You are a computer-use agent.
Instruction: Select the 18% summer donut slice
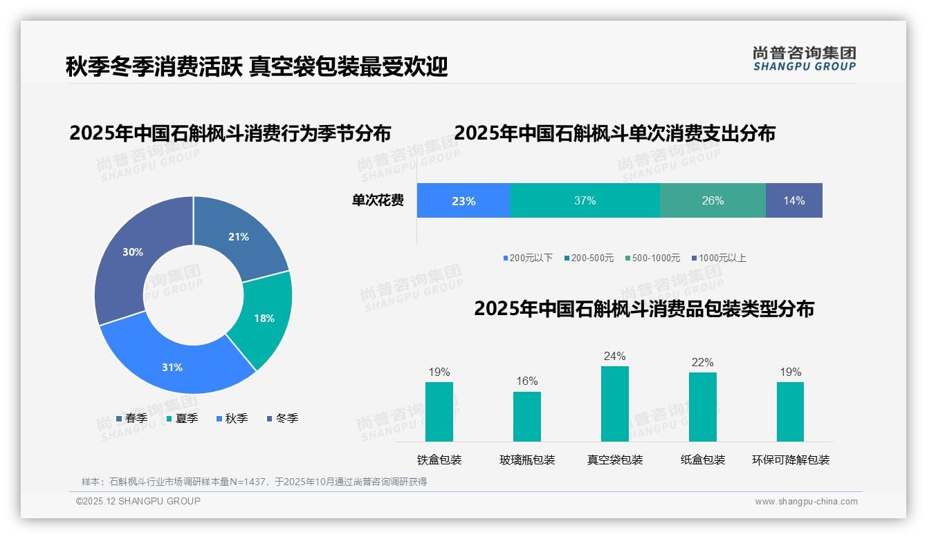pos(262,319)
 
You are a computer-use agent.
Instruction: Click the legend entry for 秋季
pos(232,418)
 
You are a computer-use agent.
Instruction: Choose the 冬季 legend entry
pos(282,418)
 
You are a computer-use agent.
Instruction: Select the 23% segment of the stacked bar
pos(463,201)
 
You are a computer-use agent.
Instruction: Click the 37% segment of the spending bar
pos(585,201)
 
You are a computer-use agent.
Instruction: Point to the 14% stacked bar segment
pos(793,201)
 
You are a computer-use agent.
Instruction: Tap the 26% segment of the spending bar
pos(713,201)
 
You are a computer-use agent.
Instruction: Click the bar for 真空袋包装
pos(614,404)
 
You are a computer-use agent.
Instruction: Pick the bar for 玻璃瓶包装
pos(527,416)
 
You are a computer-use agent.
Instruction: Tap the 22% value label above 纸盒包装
pos(702,363)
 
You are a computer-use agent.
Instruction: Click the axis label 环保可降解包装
pos(790,460)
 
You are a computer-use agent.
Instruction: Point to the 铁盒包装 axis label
pos(439,460)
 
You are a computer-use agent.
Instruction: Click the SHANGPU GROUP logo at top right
pos(804,59)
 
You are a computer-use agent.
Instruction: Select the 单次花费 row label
pos(378,201)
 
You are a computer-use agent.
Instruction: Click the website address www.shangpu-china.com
pos(806,502)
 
